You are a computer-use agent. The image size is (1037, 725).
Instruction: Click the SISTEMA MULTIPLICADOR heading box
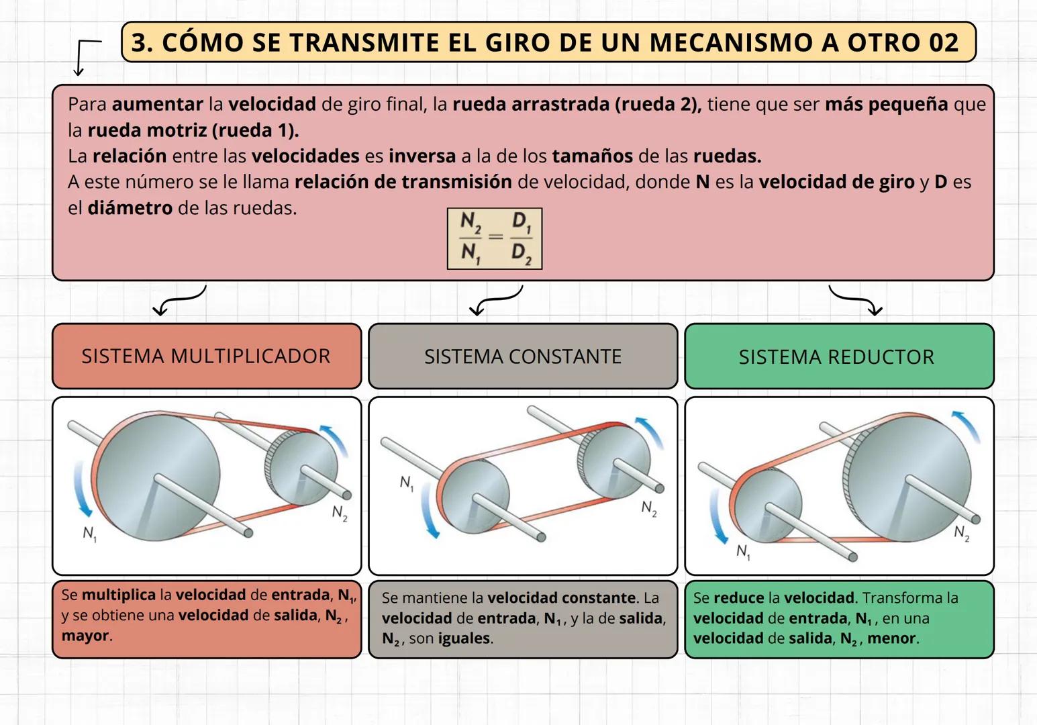207,356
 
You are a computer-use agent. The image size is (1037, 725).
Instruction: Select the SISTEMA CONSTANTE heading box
523,356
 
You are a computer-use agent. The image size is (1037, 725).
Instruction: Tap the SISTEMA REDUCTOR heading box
839,356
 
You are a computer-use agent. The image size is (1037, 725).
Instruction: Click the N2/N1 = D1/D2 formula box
495,238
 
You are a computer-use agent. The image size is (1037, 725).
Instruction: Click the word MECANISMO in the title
732,42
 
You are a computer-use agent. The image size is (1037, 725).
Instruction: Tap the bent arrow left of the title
87,58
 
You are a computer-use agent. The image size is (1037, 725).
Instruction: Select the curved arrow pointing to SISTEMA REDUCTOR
856,300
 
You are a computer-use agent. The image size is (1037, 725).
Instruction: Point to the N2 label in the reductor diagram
962,533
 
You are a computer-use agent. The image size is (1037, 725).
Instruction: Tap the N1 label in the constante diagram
407,483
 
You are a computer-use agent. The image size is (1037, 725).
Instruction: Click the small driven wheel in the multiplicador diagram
301,468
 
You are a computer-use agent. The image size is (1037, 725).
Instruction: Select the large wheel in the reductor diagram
907,477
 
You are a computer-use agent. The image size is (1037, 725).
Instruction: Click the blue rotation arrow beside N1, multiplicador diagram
82,489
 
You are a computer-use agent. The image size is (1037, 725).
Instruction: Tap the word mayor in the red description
85,635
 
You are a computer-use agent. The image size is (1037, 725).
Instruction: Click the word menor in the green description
891,638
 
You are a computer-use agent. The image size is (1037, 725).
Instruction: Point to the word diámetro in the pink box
130,208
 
